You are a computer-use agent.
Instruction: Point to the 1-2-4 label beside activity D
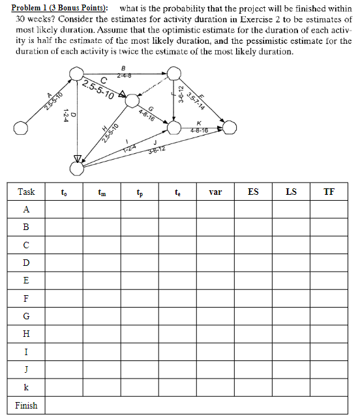65,119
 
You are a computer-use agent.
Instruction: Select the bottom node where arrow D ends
77,169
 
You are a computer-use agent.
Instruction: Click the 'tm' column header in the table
101,192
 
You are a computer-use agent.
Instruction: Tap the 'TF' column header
330,192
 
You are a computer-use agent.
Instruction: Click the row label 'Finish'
26,405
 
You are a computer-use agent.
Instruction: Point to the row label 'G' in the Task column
26,316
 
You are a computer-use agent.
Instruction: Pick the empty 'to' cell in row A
63,209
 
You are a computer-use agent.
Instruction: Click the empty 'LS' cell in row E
292,280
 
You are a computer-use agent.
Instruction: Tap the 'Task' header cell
26,192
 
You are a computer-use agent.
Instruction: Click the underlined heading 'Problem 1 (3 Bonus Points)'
56,8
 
